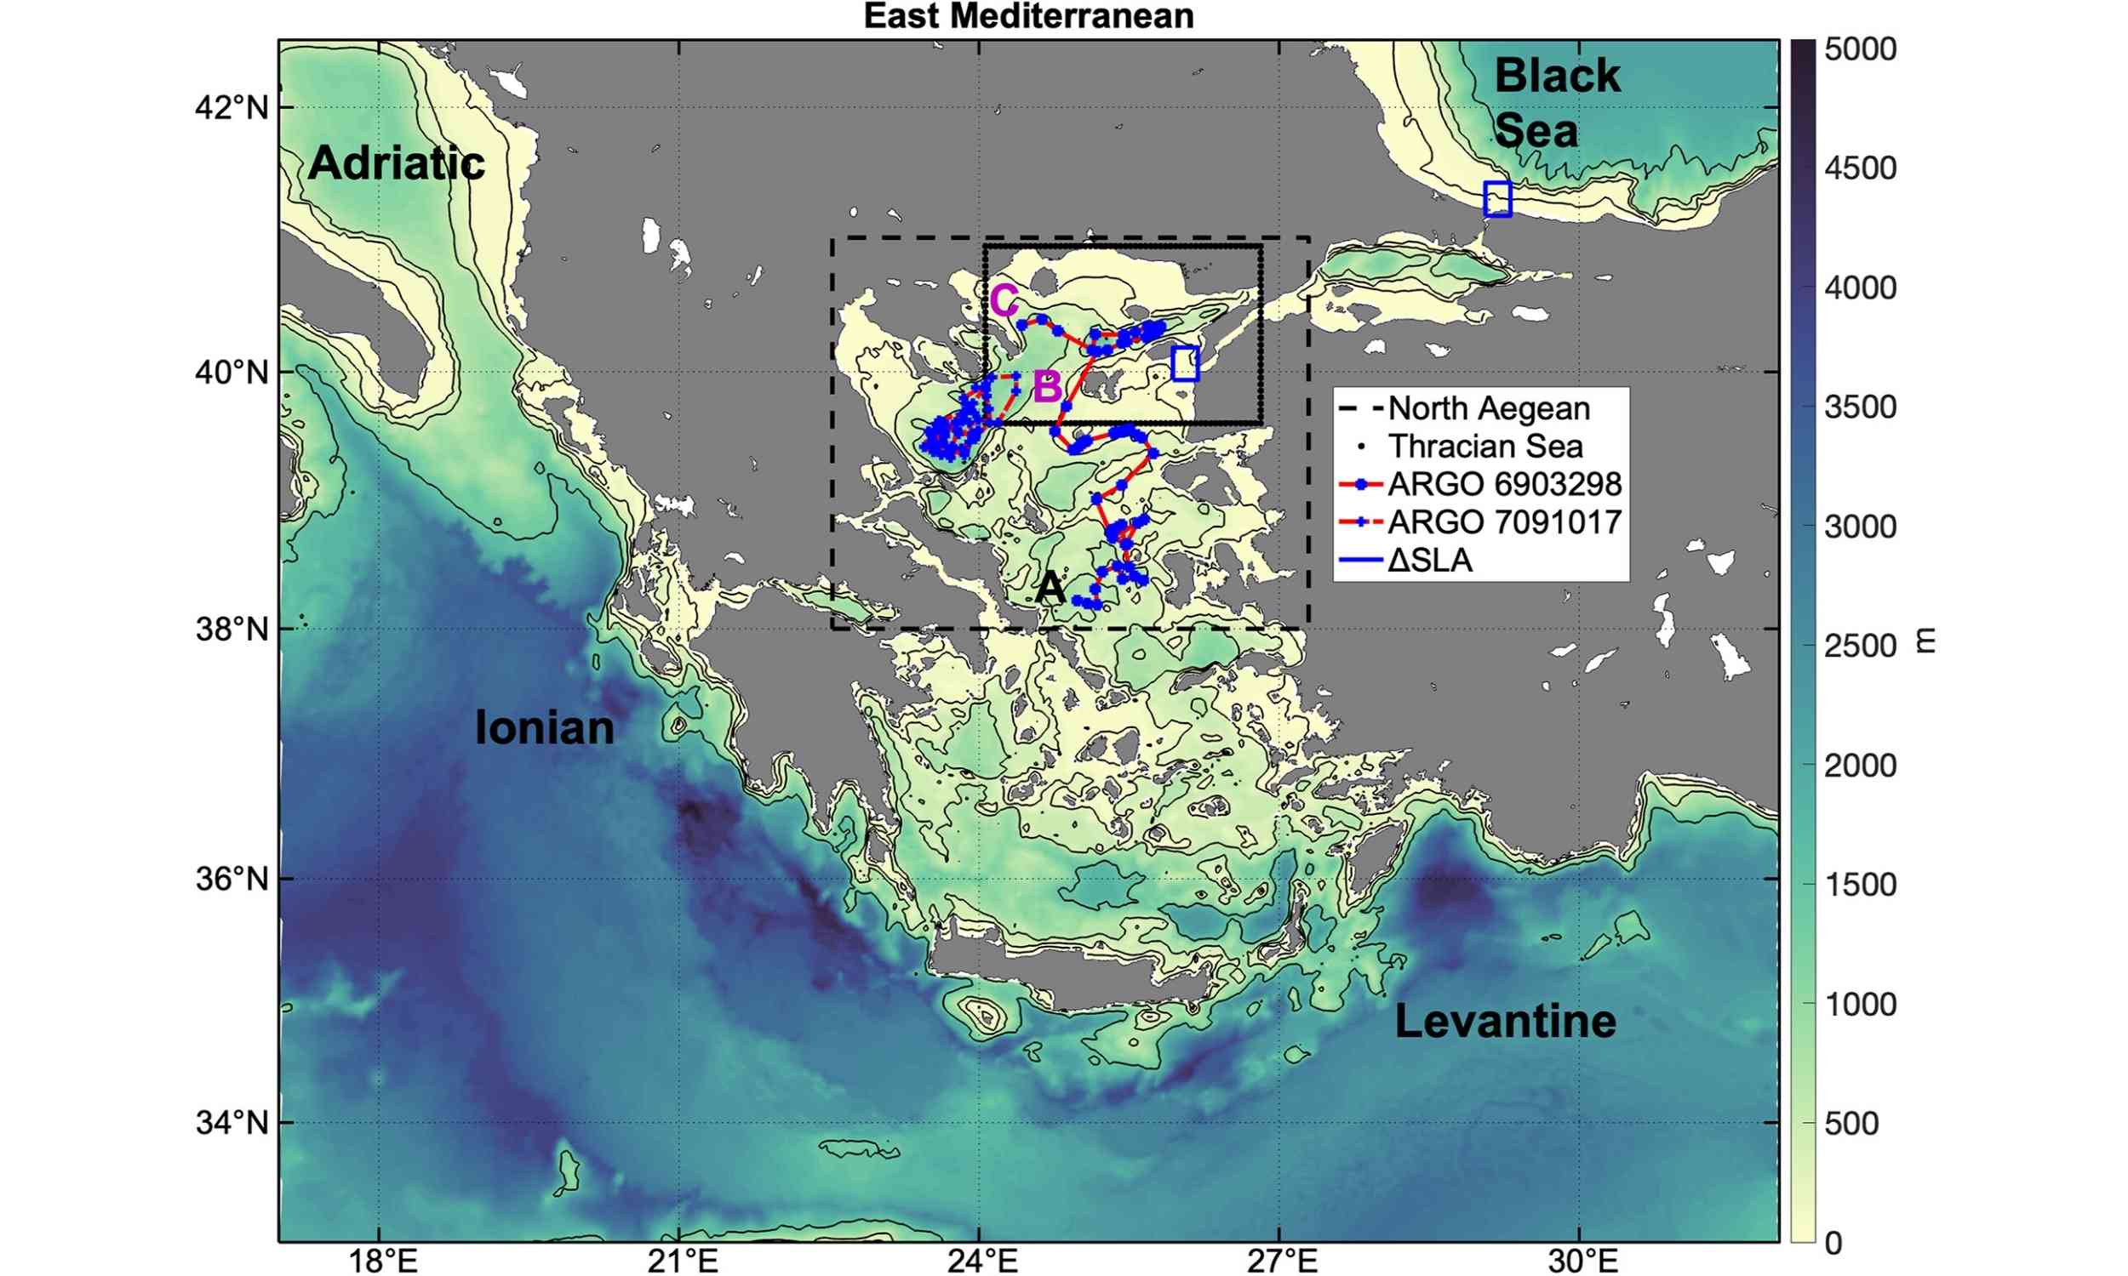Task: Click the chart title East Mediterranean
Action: pyautogui.click(x=1029, y=15)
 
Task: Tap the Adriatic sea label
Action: pyautogui.click(x=397, y=162)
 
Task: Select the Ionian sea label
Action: pyautogui.click(x=545, y=727)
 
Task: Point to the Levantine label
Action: pyautogui.click(x=1505, y=1021)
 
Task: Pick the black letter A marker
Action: pyautogui.click(x=1050, y=588)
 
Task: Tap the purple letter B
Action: pyautogui.click(x=1046, y=387)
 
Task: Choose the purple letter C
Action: pyautogui.click(x=1004, y=301)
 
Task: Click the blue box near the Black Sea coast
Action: pyautogui.click(x=1497, y=198)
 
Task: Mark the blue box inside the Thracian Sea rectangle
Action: pyautogui.click(x=1185, y=364)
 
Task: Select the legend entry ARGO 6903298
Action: pyautogui.click(x=1503, y=484)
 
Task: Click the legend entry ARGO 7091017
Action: pyautogui.click(x=1503, y=522)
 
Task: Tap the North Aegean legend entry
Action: pyautogui.click(x=1488, y=408)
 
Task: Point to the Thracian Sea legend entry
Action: pyautogui.click(x=1484, y=447)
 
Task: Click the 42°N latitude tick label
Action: pyautogui.click(x=232, y=108)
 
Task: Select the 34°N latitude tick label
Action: pyautogui.click(x=232, y=1122)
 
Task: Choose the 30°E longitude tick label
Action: pyautogui.click(x=1582, y=1261)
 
